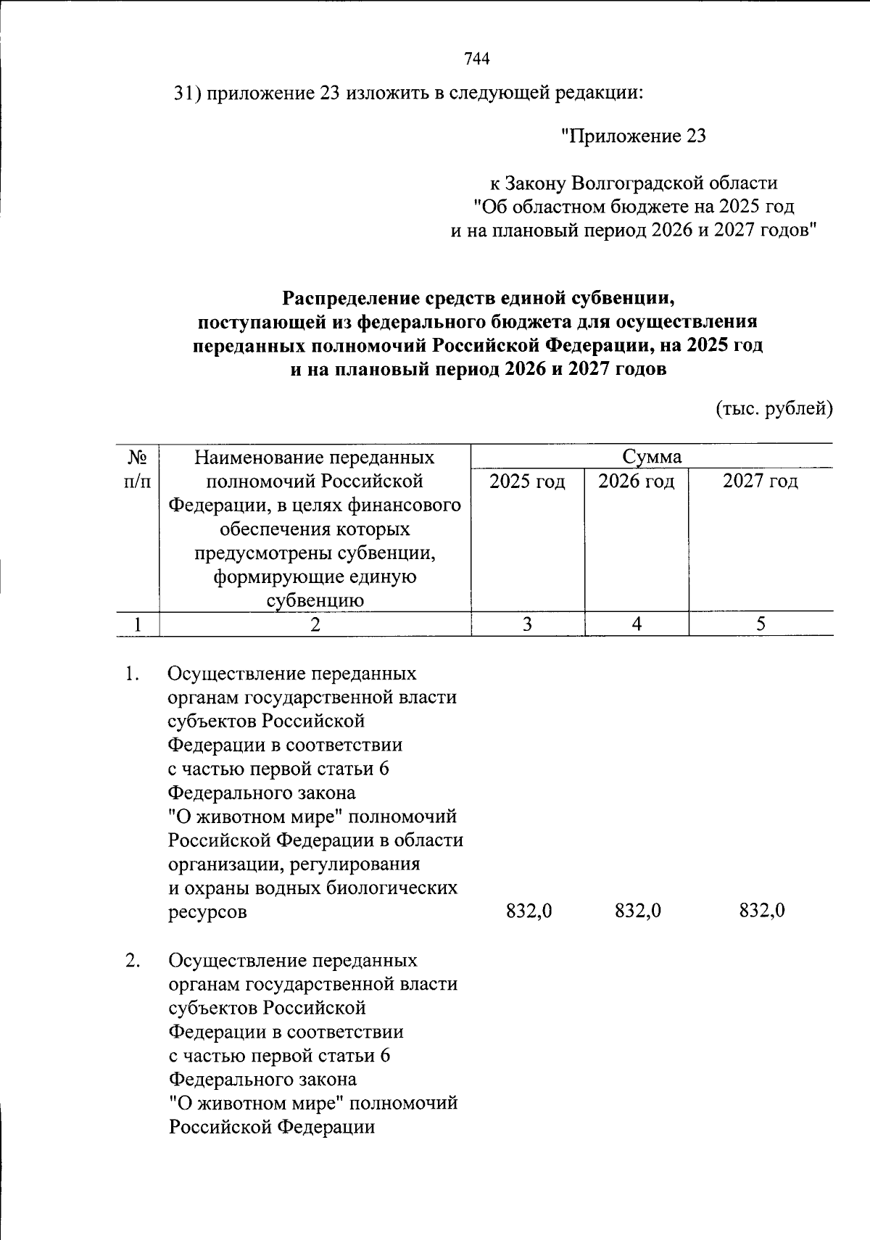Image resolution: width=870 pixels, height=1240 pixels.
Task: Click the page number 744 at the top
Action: (476, 59)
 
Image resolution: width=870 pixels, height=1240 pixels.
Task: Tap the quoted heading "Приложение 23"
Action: (634, 136)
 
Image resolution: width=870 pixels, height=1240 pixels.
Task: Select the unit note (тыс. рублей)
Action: (774, 408)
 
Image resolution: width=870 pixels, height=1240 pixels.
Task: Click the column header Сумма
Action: (652, 456)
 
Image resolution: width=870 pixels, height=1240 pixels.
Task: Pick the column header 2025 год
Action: (527, 481)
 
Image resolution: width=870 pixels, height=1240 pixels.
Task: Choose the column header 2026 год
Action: (636, 481)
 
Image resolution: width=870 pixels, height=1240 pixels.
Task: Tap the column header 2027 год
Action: (760, 481)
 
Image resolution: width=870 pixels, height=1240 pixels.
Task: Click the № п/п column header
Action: (138, 468)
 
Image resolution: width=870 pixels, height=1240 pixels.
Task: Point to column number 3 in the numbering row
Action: (527, 624)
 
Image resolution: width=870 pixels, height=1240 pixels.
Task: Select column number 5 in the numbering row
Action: (760, 624)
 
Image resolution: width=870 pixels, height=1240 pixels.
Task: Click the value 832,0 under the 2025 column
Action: (529, 911)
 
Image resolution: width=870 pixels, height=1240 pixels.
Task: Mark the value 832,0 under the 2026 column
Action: (637, 911)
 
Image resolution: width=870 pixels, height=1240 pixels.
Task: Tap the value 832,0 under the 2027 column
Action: (762, 911)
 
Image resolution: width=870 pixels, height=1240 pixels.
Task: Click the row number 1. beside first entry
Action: (131, 674)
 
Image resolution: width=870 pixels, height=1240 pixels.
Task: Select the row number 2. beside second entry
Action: (131, 960)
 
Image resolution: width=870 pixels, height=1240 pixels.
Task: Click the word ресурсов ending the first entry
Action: (207, 912)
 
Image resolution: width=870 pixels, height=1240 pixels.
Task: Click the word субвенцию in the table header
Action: (315, 600)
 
